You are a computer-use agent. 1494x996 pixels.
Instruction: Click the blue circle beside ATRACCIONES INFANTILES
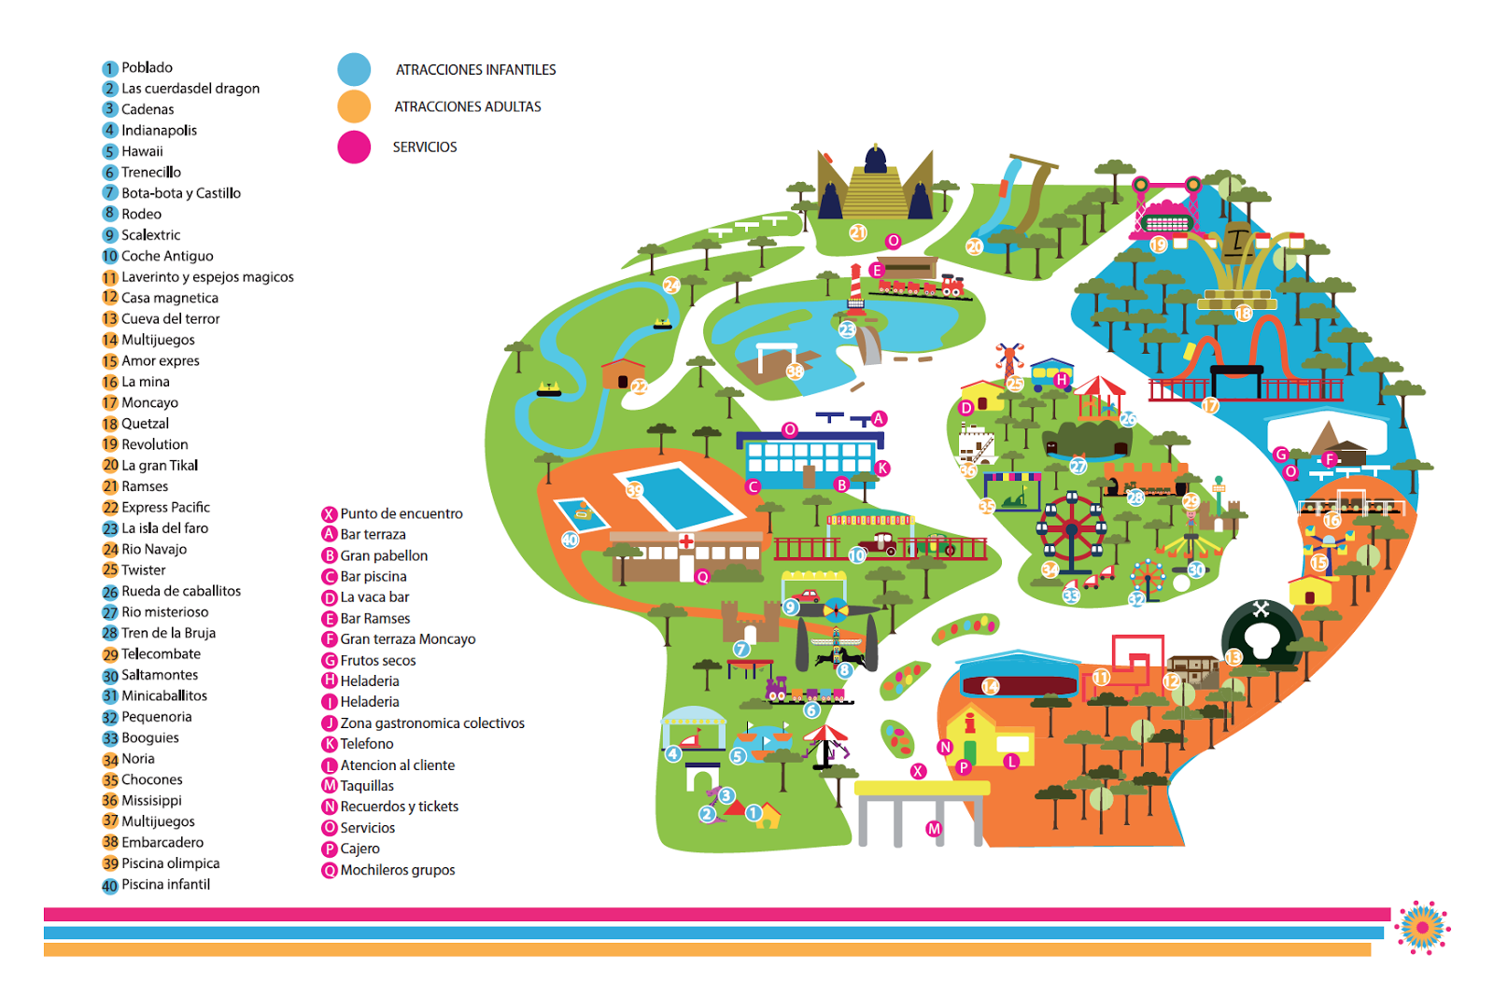(x=354, y=70)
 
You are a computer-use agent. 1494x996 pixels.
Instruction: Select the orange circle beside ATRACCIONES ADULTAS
(x=354, y=106)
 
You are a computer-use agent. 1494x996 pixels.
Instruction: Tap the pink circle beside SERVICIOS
(x=354, y=147)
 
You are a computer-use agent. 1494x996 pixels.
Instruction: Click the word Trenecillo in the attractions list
(x=150, y=173)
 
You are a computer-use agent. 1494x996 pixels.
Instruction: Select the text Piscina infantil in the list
(x=165, y=885)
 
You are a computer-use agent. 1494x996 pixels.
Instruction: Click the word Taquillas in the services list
(x=367, y=786)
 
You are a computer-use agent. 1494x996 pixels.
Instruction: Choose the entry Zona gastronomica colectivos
(x=431, y=723)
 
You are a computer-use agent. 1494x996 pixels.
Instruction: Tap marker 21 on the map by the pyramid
(x=858, y=232)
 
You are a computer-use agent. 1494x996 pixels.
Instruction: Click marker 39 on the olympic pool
(x=635, y=490)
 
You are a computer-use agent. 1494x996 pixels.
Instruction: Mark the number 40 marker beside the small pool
(x=570, y=540)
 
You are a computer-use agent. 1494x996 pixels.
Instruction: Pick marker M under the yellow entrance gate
(x=934, y=829)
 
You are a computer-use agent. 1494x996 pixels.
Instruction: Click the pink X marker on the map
(x=919, y=771)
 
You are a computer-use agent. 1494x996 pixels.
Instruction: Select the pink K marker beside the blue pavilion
(x=882, y=469)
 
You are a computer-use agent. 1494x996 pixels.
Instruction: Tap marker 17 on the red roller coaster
(x=1210, y=405)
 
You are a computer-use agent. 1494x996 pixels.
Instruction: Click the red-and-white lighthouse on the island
(x=855, y=284)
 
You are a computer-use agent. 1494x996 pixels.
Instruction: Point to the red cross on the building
(x=686, y=541)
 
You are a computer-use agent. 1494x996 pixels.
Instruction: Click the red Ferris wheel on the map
(x=1071, y=530)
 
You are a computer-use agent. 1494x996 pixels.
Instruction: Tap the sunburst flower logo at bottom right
(x=1422, y=927)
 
